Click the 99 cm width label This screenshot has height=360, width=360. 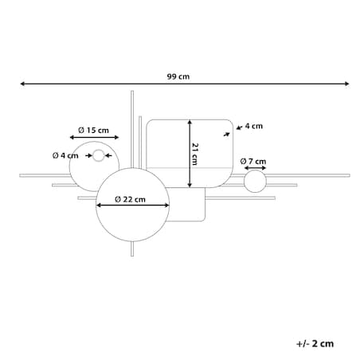[178, 76]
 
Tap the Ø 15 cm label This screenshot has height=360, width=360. [93, 131]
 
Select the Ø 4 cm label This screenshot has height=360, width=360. [65, 155]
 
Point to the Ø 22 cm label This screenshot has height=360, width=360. [130, 199]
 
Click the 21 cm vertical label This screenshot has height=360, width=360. [195, 155]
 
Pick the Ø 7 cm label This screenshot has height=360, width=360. [253, 162]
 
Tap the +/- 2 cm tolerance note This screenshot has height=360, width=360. [315, 343]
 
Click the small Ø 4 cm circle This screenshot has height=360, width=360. [99, 151]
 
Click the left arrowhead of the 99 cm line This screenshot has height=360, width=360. [22, 84]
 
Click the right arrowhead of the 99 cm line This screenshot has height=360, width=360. [347, 84]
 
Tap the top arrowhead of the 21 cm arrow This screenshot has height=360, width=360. [190, 122]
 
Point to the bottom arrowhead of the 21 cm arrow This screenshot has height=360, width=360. [190, 185]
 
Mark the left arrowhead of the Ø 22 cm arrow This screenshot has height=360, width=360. [98, 205]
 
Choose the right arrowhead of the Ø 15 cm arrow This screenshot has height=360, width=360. [116, 137]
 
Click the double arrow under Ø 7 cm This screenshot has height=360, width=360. [255, 168]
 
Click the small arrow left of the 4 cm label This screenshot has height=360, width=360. [239, 127]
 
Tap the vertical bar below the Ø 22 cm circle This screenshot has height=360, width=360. [132, 248]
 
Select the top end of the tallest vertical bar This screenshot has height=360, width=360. [132, 91]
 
